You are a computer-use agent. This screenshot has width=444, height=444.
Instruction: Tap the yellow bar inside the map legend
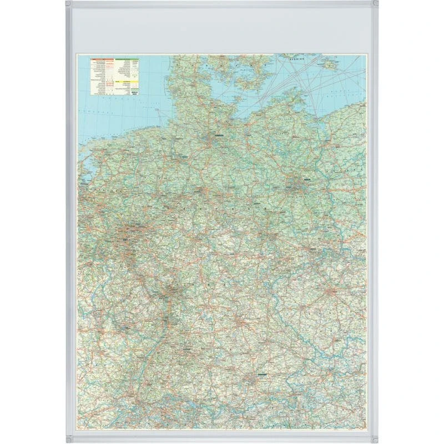click(127, 81)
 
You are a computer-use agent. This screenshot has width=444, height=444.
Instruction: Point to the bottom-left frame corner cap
click(69, 439)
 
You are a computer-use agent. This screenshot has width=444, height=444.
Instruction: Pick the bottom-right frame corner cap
click(375, 439)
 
